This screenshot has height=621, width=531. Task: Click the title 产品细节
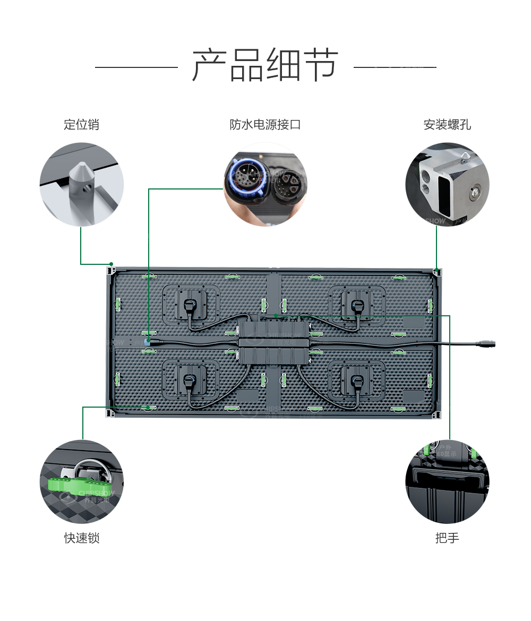pos(265,65)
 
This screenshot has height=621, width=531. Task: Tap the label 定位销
pos(81,125)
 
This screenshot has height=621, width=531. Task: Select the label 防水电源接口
pos(265,125)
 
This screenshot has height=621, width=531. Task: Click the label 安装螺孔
pos(447,125)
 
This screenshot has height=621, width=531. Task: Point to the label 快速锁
pos(82,538)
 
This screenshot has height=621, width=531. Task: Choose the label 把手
pos(447,538)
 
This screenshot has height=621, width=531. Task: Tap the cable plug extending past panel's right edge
pos(486,343)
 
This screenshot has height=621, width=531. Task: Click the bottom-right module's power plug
pos(357,381)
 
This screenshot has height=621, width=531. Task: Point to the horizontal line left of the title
pos(136,67)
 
